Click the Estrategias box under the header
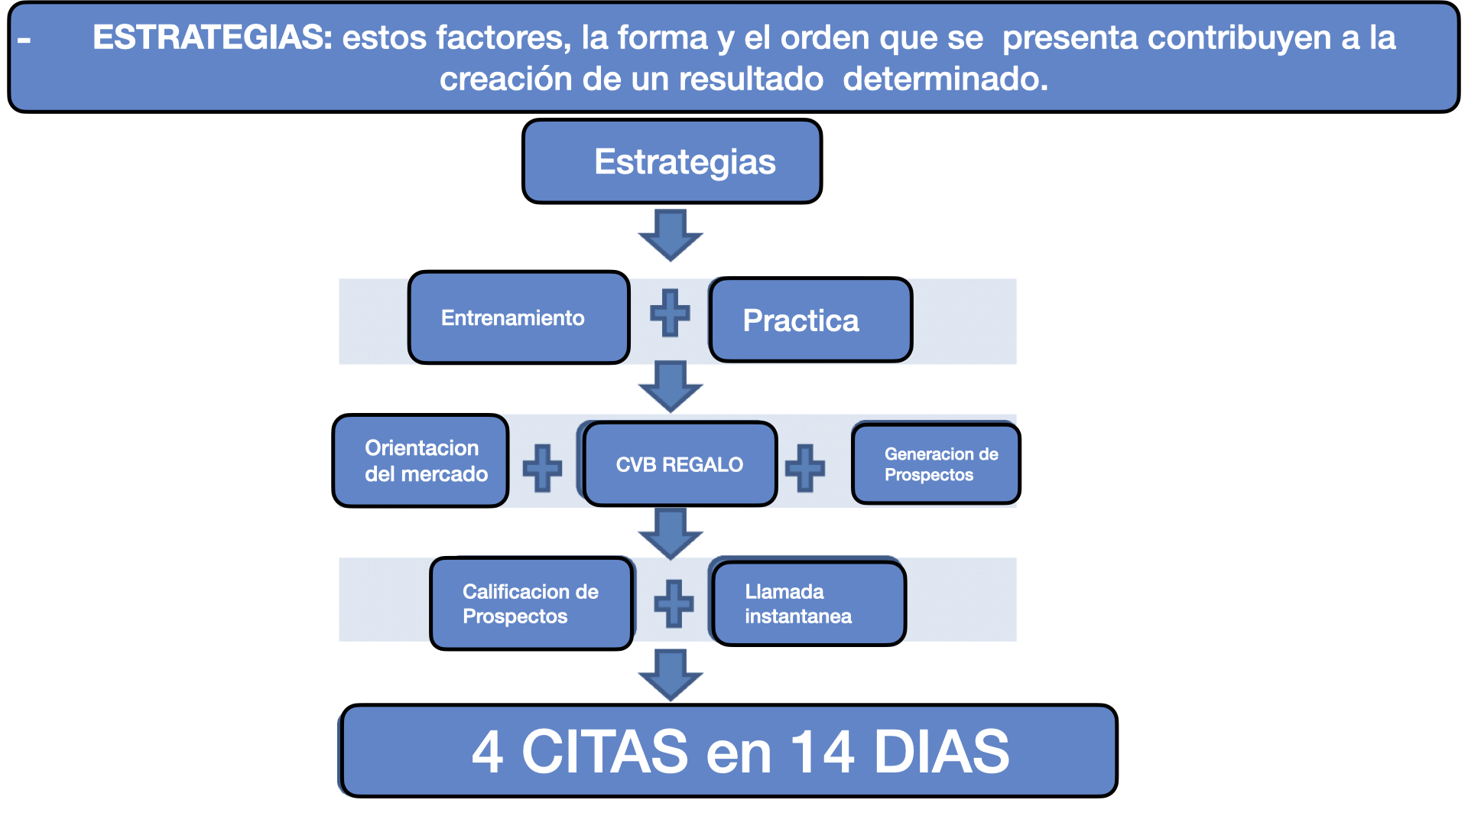[x=672, y=161]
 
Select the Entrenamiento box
[x=518, y=317]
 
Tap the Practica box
[x=810, y=320]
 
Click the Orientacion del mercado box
[x=421, y=460]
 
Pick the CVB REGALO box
[x=680, y=463]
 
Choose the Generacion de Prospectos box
[x=936, y=463]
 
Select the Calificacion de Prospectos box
[x=531, y=603]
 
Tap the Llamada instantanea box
[x=809, y=603]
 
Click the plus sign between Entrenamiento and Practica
[x=670, y=313]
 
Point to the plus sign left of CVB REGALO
[x=542, y=467]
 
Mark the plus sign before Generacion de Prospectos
[x=805, y=467]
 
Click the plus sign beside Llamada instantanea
[x=674, y=603]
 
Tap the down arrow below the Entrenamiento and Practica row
[x=671, y=387]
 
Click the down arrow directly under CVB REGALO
[x=671, y=534]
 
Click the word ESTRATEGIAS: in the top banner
[x=213, y=37]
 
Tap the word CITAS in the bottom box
[x=605, y=751]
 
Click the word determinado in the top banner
[x=945, y=79]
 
